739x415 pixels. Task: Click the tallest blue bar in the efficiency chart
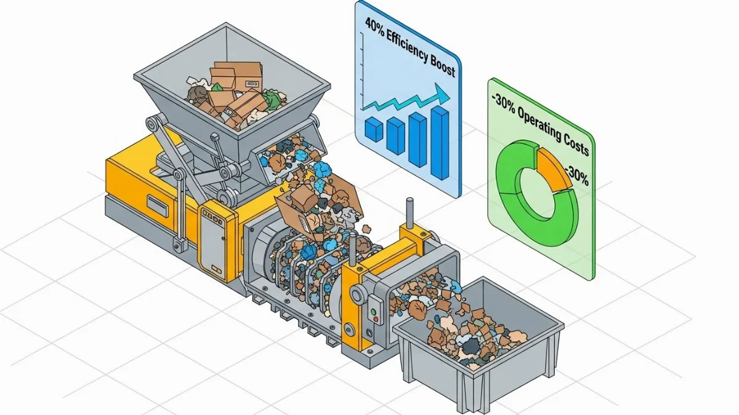tap(440, 143)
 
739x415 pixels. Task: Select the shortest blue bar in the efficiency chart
tap(374, 128)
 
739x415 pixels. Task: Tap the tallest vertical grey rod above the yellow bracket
tap(410, 213)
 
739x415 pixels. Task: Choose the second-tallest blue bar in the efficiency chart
tap(418, 140)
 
